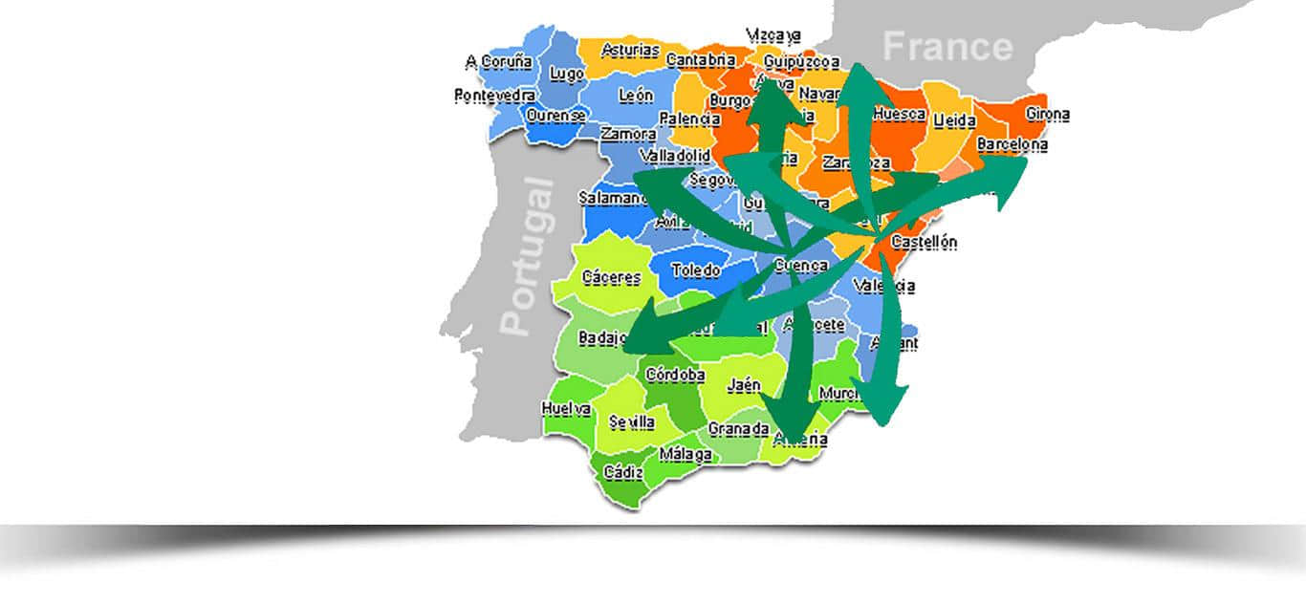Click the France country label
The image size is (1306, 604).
(947, 47)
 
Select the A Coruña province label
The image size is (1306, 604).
(498, 62)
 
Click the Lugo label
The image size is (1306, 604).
(567, 75)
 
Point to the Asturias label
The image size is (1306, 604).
(630, 50)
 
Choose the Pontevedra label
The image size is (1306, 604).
(494, 96)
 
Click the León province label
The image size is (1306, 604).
(636, 96)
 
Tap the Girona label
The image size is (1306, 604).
(1047, 115)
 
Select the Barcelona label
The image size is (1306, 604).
(1012, 145)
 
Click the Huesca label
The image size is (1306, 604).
(900, 115)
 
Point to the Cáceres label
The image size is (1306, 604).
(611, 278)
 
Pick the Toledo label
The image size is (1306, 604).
(695, 270)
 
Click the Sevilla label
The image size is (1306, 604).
(632, 422)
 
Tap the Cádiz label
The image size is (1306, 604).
(623, 472)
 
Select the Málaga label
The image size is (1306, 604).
(686, 455)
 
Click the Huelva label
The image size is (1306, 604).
(566, 409)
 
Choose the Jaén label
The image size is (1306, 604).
(744, 386)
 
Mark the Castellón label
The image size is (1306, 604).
(924, 243)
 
